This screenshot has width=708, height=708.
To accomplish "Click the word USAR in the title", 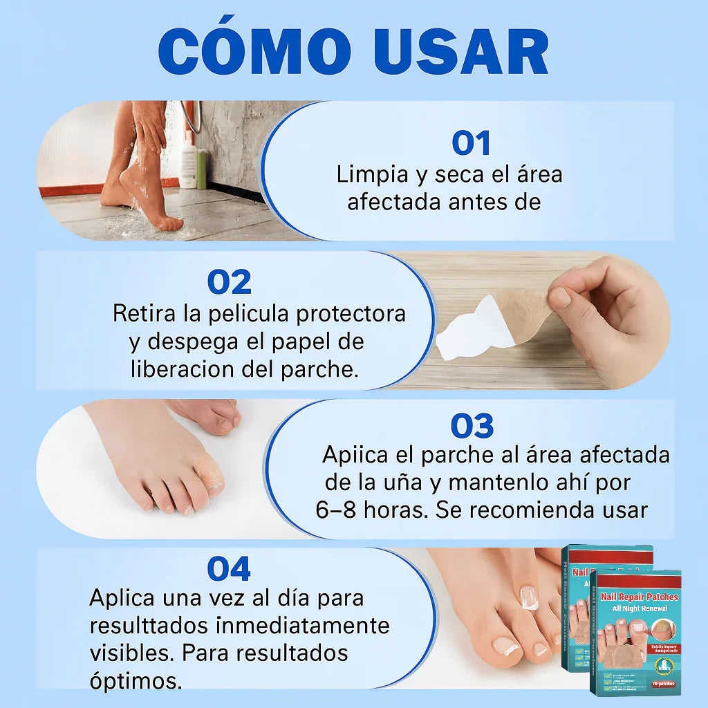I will [x=461, y=51].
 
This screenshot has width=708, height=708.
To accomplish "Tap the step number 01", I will [x=471, y=143].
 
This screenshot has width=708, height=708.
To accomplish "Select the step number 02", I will [x=229, y=282].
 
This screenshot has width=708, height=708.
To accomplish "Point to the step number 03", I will [x=472, y=426].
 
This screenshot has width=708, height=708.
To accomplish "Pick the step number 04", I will [x=229, y=569].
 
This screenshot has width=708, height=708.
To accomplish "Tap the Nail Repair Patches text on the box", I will [x=640, y=597].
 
